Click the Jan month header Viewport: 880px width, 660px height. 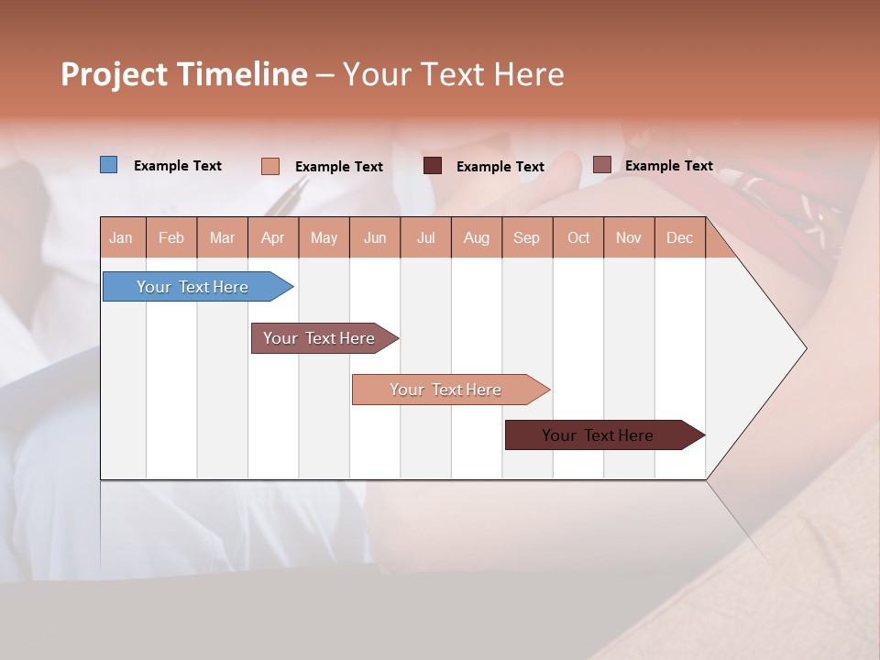pyautogui.click(x=121, y=237)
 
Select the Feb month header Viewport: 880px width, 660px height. pyautogui.click(x=171, y=237)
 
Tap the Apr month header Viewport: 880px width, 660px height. pyautogui.click(x=272, y=237)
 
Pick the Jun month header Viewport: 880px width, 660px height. pyautogui.click(x=375, y=237)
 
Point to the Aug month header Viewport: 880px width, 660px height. pyautogui.click(x=476, y=237)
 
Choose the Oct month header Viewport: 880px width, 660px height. pyautogui.click(x=578, y=237)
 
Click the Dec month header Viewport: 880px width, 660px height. pyautogui.click(x=679, y=237)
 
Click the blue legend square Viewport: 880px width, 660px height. pyautogui.click(x=109, y=165)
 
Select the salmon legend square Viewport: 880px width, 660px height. pyautogui.click(x=270, y=166)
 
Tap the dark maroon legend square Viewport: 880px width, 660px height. pyautogui.click(x=433, y=166)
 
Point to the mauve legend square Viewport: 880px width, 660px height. pyautogui.click(x=601, y=165)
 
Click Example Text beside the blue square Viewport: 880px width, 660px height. pyautogui.click(x=178, y=166)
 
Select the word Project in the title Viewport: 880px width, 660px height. pyautogui.click(x=114, y=74)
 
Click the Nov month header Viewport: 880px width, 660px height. pyautogui.click(x=629, y=237)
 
